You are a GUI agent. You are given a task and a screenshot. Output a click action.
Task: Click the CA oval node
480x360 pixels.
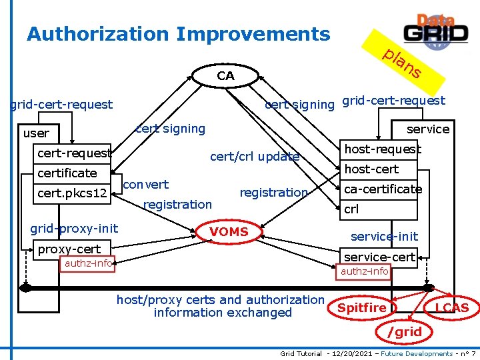225,76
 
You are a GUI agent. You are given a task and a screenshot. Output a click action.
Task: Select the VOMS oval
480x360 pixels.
229,232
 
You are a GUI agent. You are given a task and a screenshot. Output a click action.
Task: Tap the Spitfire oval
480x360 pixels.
362,307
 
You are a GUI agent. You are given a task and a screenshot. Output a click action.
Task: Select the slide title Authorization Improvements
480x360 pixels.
178,34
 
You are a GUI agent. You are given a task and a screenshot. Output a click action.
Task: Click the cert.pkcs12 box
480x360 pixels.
72,193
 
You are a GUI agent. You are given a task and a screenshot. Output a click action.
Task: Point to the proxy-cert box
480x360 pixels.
69,249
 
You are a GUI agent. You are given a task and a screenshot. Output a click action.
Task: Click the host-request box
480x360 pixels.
382,150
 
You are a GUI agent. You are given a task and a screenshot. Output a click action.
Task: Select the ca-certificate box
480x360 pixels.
382,189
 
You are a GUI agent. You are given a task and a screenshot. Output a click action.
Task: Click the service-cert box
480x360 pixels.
379,257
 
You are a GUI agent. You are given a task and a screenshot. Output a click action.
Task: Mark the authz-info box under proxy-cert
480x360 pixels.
88,263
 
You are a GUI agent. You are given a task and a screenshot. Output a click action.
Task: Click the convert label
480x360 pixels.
146,184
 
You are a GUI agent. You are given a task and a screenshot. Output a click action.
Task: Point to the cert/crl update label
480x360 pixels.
255,157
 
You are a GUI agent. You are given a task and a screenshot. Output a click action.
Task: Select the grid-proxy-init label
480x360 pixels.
74,229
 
